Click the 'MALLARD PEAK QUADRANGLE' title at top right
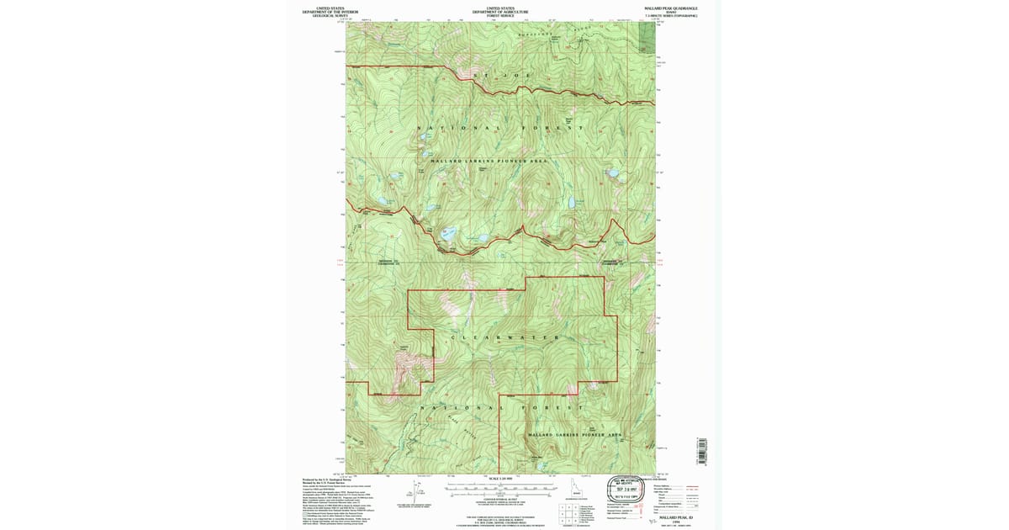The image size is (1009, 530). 671,8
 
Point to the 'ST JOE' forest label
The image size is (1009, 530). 503,76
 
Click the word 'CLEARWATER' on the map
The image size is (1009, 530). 505,338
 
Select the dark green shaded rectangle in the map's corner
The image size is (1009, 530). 647,36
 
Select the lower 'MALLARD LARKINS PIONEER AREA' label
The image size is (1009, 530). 574,435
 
